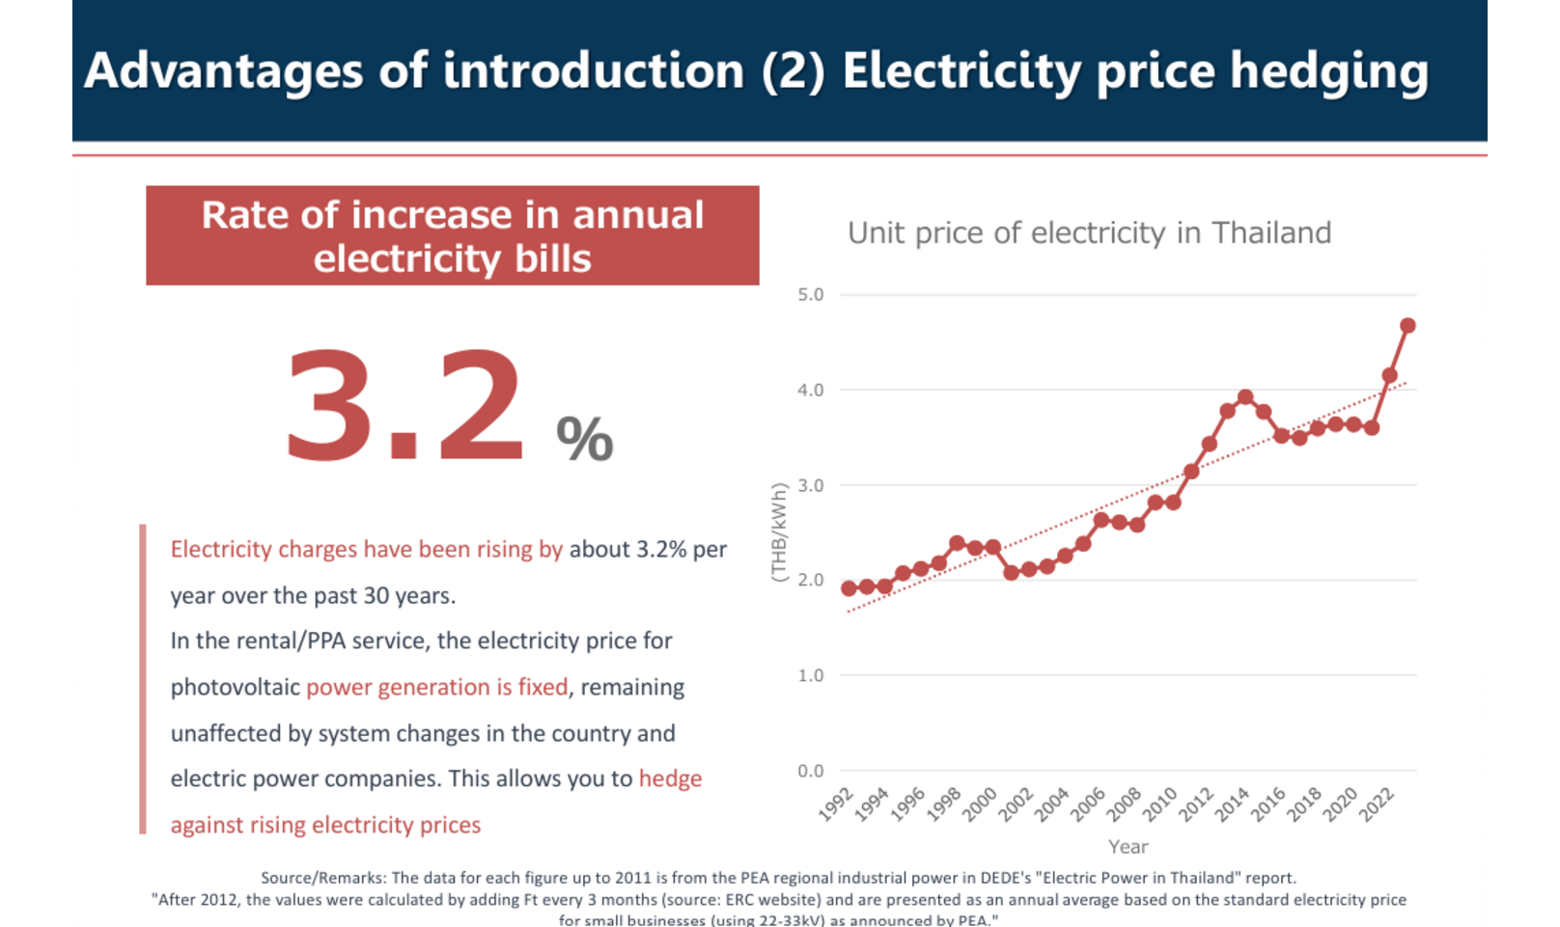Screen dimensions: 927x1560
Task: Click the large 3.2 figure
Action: tap(404, 405)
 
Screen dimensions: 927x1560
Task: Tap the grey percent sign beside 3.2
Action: tap(584, 439)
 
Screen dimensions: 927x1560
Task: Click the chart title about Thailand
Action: tap(1089, 232)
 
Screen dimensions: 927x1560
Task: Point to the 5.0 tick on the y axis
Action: tap(810, 295)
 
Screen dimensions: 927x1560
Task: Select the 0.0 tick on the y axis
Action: tap(810, 771)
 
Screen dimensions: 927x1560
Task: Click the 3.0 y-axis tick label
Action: tap(810, 485)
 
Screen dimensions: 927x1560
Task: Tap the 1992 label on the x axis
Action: tap(836, 804)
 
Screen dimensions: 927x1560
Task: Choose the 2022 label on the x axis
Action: tap(1377, 804)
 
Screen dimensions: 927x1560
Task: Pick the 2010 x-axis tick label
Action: tap(1160, 804)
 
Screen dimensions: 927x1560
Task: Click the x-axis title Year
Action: tap(1128, 847)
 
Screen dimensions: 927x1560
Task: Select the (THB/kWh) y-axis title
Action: tap(778, 532)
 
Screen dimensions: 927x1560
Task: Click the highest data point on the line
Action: tap(1407, 326)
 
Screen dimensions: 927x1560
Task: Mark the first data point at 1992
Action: tap(849, 588)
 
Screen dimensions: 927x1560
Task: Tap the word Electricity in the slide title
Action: tap(961, 71)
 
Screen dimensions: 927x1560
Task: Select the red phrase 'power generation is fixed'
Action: tap(436, 687)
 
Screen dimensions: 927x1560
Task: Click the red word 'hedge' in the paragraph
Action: tap(670, 778)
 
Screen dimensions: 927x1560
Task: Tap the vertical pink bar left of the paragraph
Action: tap(143, 678)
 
